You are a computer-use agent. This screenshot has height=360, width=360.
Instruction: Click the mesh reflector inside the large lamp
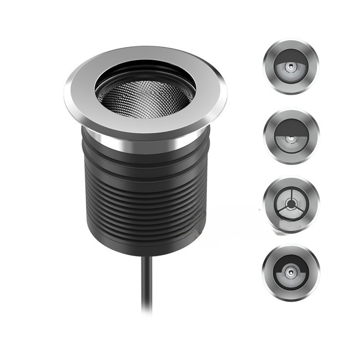(x=145, y=98)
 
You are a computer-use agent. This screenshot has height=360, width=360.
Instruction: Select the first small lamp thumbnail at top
(x=290, y=67)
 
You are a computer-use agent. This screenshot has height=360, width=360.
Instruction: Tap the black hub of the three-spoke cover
(x=290, y=202)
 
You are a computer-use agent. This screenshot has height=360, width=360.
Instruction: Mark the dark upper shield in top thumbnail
(x=290, y=58)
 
